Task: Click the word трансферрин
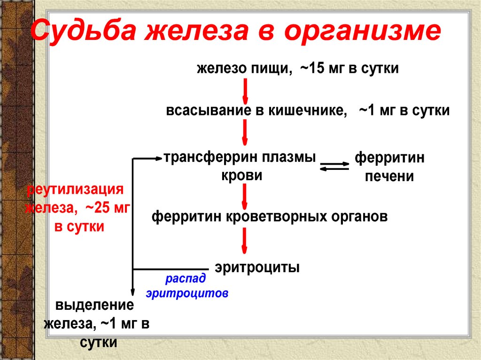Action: pyautogui.click(x=206, y=158)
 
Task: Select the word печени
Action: pyautogui.click(x=389, y=176)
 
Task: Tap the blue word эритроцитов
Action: pyautogui.click(x=187, y=293)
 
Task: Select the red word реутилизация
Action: pyautogui.click(x=75, y=190)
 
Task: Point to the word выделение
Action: pyautogui.click(x=94, y=306)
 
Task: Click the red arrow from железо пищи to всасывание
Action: pyautogui.click(x=245, y=92)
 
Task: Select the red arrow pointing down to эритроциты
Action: pyautogui.click(x=244, y=241)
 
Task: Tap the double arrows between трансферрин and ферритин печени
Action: pyautogui.click(x=334, y=166)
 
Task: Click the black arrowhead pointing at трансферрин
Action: pyautogui.click(x=159, y=158)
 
